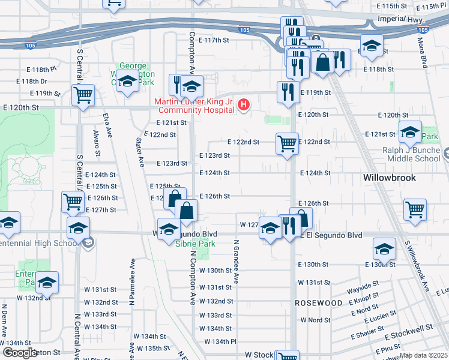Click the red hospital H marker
point(244,106)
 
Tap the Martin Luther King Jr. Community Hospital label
point(195,106)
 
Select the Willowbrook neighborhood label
point(387,178)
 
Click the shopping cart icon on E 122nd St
point(287,143)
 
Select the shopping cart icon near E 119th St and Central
point(83,94)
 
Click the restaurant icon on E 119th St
point(288,92)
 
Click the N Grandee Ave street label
point(237,262)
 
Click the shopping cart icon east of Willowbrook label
point(415,209)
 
